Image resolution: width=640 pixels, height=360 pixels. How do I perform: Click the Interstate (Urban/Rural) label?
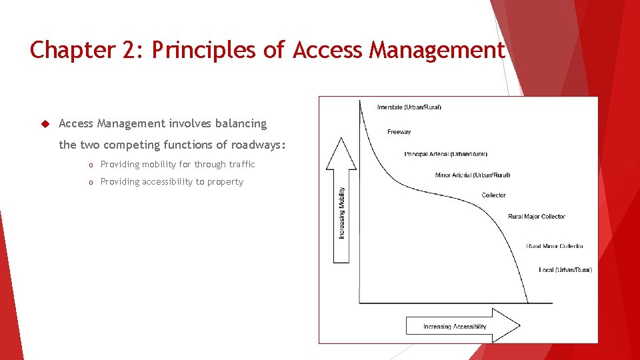(x=409, y=107)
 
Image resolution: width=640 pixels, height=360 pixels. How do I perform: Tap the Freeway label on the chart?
(x=399, y=132)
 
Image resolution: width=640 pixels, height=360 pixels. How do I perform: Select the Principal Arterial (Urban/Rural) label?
(x=445, y=154)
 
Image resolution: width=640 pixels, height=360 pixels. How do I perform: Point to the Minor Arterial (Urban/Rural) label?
(x=472, y=175)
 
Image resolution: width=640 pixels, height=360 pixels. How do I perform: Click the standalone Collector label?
(x=493, y=195)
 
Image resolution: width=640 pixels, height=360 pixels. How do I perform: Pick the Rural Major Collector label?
(x=536, y=217)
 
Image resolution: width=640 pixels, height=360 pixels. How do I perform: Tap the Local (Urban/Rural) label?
(x=565, y=270)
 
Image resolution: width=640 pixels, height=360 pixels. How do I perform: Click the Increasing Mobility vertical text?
(x=342, y=213)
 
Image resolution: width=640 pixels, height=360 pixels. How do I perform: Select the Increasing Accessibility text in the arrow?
(x=455, y=327)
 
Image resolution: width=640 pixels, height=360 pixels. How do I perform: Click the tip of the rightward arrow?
(x=519, y=325)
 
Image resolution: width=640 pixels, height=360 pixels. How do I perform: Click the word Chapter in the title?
(x=72, y=50)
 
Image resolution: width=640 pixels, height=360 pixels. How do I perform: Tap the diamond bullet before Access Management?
(x=45, y=123)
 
